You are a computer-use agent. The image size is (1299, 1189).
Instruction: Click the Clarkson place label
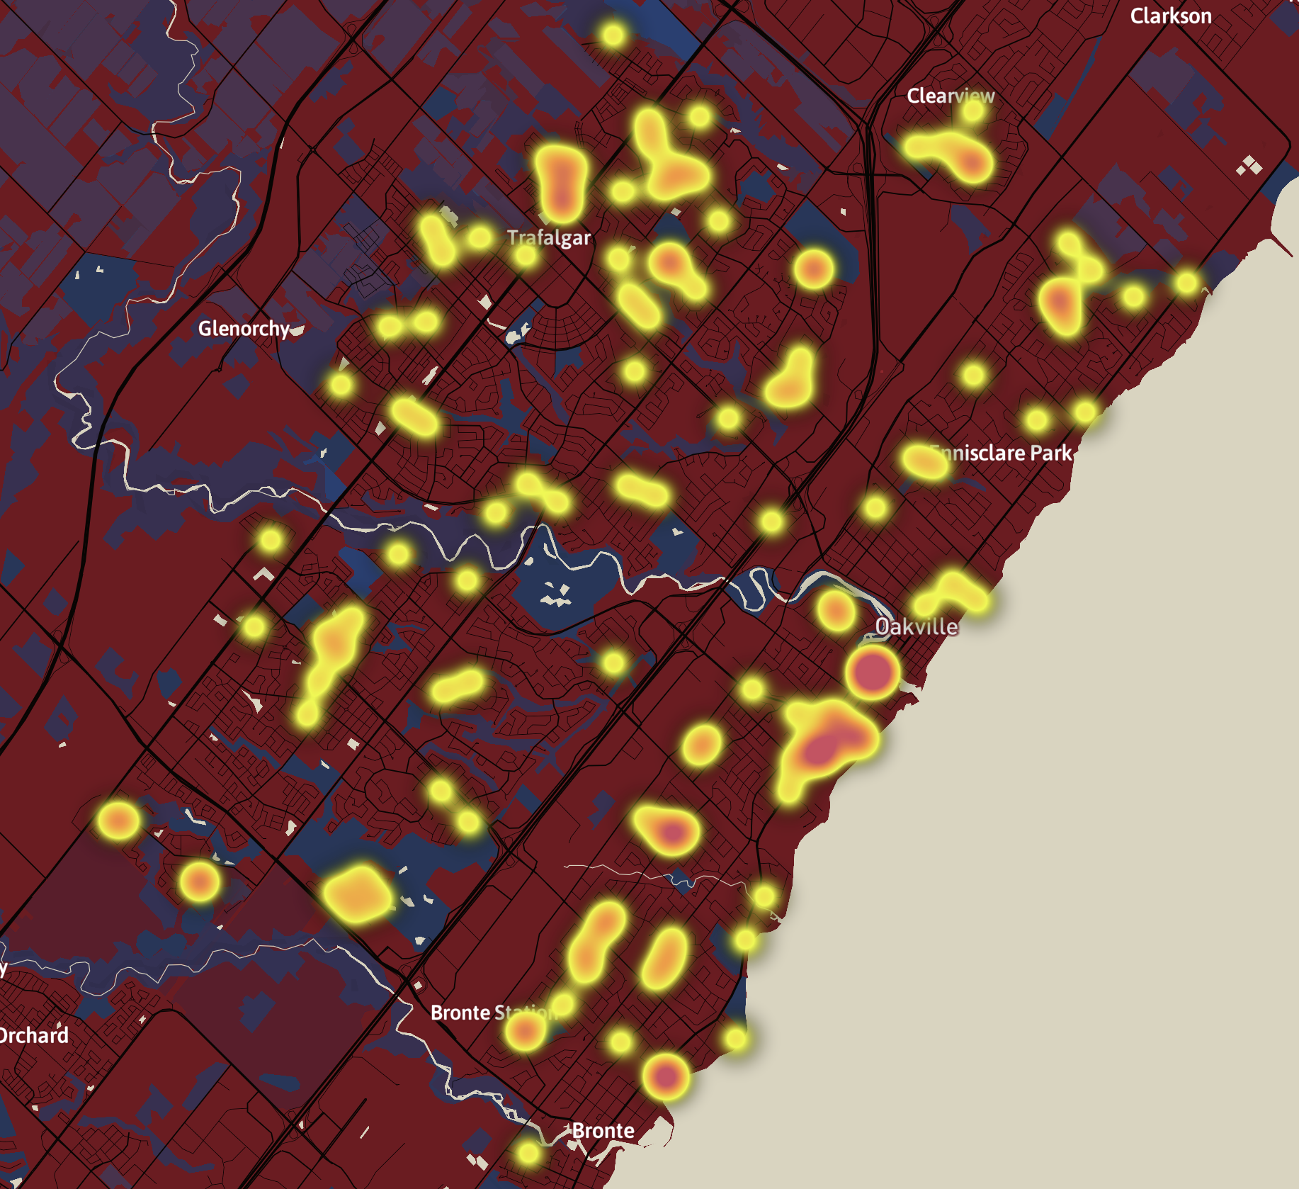[x=1170, y=16]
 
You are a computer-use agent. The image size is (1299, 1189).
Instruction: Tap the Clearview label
[x=950, y=96]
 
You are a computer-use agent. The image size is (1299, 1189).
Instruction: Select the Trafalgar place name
[x=549, y=237]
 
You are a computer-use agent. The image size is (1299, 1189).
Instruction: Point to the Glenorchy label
[x=244, y=328]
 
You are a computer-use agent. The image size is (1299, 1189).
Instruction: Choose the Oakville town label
[x=917, y=626]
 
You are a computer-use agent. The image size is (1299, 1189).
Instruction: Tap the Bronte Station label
[x=494, y=1013]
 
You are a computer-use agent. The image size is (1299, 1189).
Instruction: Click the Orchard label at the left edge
[x=34, y=1035]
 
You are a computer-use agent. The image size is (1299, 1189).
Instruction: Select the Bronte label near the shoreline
[x=603, y=1130]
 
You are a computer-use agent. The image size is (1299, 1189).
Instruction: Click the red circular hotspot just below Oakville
[x=872, y=671]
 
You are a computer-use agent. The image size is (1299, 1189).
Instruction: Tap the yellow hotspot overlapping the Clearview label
[x=974, y=110]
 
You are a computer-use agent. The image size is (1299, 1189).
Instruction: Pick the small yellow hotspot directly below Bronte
[x=528, y=1153]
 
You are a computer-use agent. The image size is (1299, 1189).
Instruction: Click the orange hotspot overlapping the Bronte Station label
[x=525, y=1030]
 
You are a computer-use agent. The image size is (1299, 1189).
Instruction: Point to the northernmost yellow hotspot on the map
[x=613, y=34]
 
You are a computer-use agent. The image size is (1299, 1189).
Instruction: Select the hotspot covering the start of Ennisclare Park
[x=925, y=461]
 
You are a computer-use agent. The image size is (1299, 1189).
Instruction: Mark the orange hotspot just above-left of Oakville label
[x=836, y=609]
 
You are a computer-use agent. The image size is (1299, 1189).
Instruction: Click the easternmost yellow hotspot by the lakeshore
[x=1187, y=283]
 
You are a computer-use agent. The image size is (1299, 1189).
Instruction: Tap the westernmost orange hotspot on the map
[x=118, y=821]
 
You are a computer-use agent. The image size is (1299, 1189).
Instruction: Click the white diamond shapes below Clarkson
[x=1249, y=167]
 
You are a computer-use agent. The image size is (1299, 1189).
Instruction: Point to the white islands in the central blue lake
[x=555, y=595]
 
